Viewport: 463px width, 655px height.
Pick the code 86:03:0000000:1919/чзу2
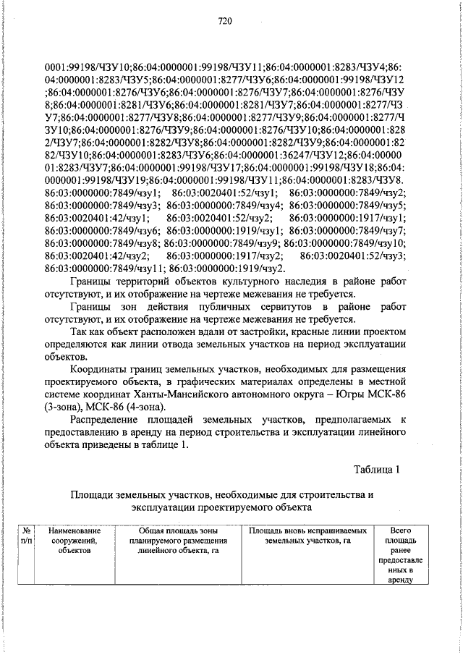pyautogui.click(x=226, y=268)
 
